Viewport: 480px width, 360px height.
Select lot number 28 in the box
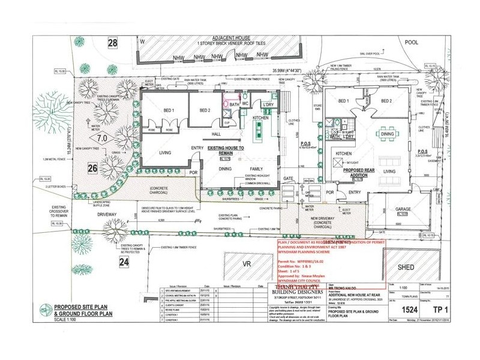(x=112, y=42)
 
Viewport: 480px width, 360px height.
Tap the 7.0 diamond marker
(x=102, y=138)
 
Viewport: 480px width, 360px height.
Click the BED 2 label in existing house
(x=205, y=110)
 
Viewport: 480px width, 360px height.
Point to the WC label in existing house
(x=246, y=95)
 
